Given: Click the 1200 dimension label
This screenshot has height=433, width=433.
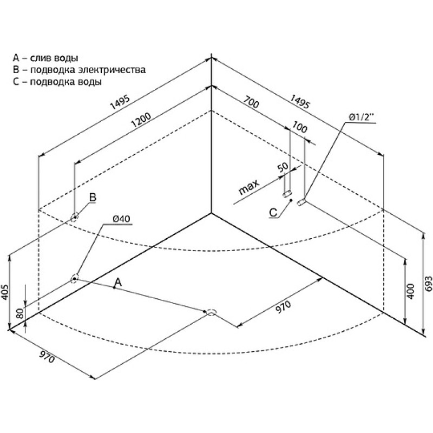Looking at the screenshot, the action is (x=141, y=120).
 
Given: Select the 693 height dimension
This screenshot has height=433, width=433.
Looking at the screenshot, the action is (x=429, y=284).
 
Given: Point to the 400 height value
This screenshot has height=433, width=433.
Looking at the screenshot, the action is (x=411, y=291).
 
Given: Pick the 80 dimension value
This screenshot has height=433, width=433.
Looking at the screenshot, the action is (x=20, y=314).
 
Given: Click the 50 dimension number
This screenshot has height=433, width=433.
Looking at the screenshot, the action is (x=283, y=167).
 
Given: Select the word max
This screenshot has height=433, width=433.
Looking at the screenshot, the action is (x=249, y=187).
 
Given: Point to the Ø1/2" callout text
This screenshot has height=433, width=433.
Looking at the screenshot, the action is (x=361, y=117).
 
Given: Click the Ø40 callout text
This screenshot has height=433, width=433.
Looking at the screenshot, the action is (x=121, y=219).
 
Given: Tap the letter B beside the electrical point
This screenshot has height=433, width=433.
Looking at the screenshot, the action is (x=93, y=198).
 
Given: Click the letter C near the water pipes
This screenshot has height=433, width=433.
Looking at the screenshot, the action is (x=273, y=213).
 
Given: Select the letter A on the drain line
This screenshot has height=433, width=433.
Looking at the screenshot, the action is (x=118, y=283).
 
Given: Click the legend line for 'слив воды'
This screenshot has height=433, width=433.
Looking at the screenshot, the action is (x=45, y=58).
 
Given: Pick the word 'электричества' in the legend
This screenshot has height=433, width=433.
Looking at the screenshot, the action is (x=112, y=70).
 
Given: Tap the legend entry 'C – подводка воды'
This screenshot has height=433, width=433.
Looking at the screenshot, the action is (x=57, y=82).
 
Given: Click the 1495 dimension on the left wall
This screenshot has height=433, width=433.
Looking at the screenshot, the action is (x=120, y=102).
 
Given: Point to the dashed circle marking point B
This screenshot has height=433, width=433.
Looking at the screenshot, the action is (x=74, y=218).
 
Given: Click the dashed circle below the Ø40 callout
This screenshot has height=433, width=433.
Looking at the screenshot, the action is (x=74, y=279).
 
